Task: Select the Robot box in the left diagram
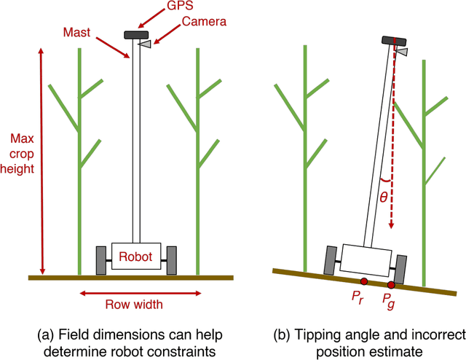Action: coord(135,257)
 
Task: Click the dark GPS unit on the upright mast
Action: coord(135,34)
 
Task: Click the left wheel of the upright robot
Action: coord(101,260)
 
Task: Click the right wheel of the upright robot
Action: coord(171,260)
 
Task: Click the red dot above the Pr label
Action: coord(363,281)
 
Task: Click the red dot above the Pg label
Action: coord(392,284)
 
